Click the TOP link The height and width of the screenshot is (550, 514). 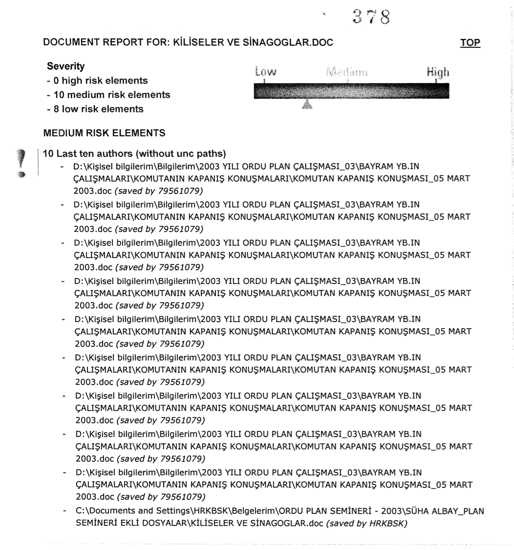coord(470,43)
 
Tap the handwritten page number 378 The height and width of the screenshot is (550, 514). coord(372,18)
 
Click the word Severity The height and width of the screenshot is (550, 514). coord(65,66)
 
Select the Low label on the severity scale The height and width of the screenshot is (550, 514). coord(265,73)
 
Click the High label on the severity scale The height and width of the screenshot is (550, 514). coord(438,73)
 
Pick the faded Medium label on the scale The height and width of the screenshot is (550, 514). coord(346,73)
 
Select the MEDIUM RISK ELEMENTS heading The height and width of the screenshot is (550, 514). coord(104,133)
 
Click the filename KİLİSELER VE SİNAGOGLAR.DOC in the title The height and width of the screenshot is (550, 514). coord(251,43)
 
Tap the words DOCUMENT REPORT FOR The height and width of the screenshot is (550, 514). coord(105,43)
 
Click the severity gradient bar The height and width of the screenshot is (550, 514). coord(351,91)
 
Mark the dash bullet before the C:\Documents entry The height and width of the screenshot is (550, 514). coord(64,511)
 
